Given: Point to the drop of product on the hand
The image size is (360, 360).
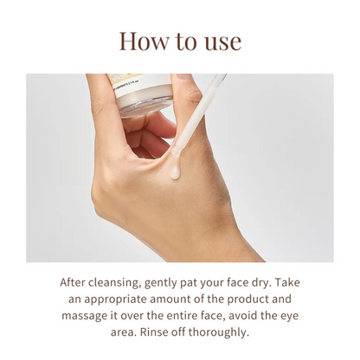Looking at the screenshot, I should [176, 170].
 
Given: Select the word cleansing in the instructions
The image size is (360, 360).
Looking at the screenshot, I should [122, 283].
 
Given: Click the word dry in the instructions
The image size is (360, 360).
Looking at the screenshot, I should [264, 283].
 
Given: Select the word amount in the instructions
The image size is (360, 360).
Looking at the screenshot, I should [176, 299].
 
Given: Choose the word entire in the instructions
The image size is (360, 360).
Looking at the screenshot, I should [194, 315].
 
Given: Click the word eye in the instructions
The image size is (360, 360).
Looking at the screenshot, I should [288, 316].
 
